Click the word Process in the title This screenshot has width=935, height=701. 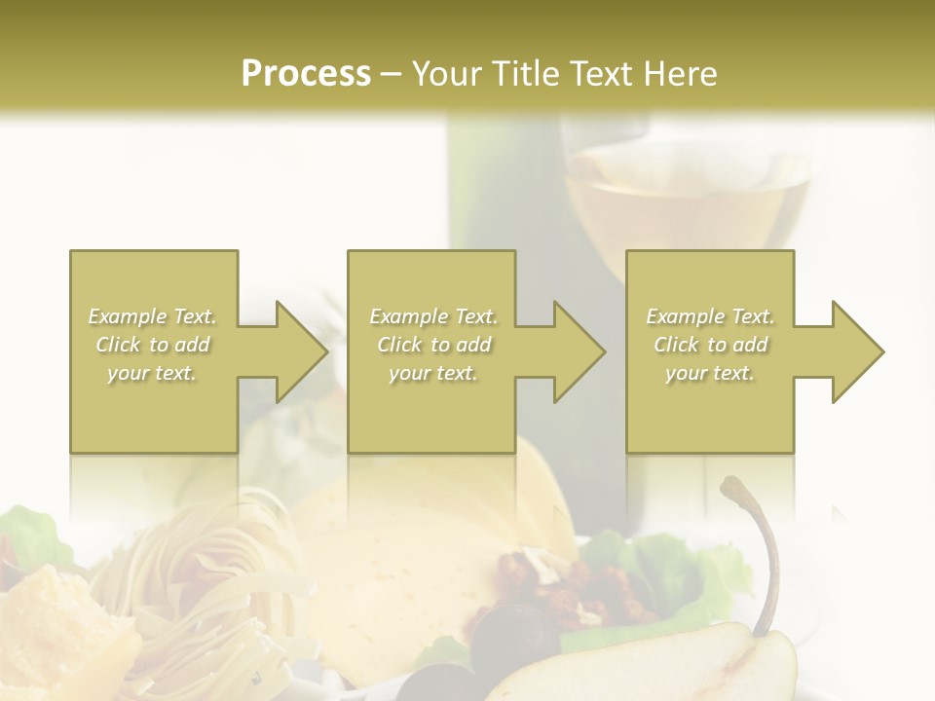coord(306,73)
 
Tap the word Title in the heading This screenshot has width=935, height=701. coord(523,73)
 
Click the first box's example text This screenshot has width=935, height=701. coord(153,345)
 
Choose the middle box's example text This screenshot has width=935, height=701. coord(433,345)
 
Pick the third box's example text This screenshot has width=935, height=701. coord(710,345)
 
